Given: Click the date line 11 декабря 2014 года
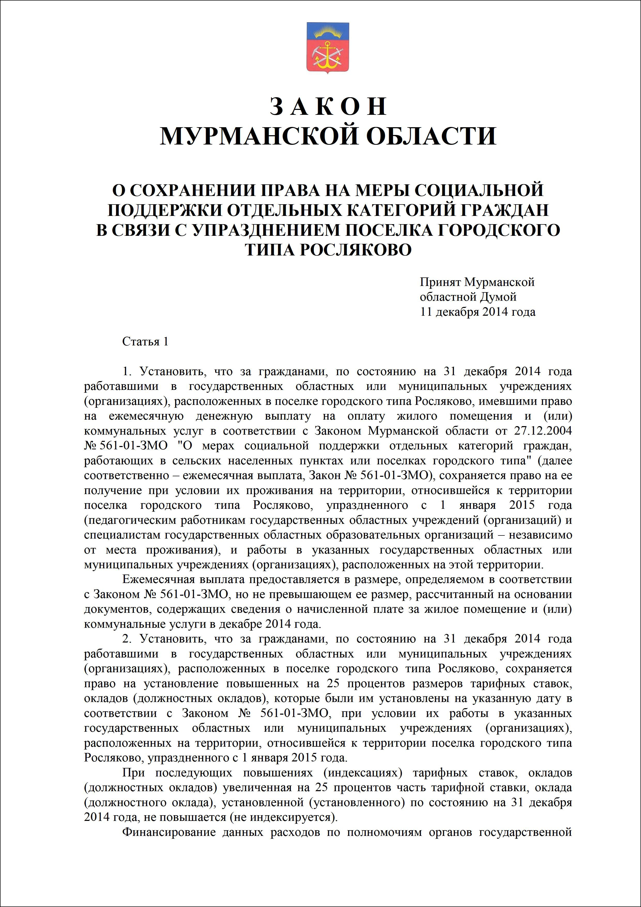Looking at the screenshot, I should (x=478, y=312).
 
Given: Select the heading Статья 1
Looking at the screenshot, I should (x=145, y=342).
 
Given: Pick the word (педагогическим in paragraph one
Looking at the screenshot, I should (x=130, y=520).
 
